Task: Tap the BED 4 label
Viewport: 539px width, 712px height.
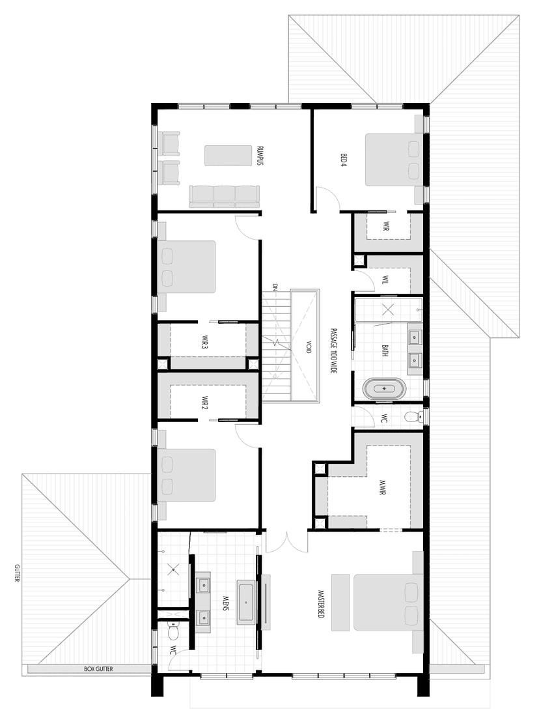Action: (343, 160)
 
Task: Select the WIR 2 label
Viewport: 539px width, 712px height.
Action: (204, 404)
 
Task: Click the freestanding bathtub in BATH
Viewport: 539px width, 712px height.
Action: (384, 390)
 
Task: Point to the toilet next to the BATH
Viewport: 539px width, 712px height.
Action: (411, 417)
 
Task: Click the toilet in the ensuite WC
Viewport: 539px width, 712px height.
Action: (174, 631)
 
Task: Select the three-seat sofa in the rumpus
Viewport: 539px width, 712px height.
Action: (224, 195)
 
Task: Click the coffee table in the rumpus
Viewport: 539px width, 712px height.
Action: (228, 156)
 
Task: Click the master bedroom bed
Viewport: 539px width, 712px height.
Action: (384, 602)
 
